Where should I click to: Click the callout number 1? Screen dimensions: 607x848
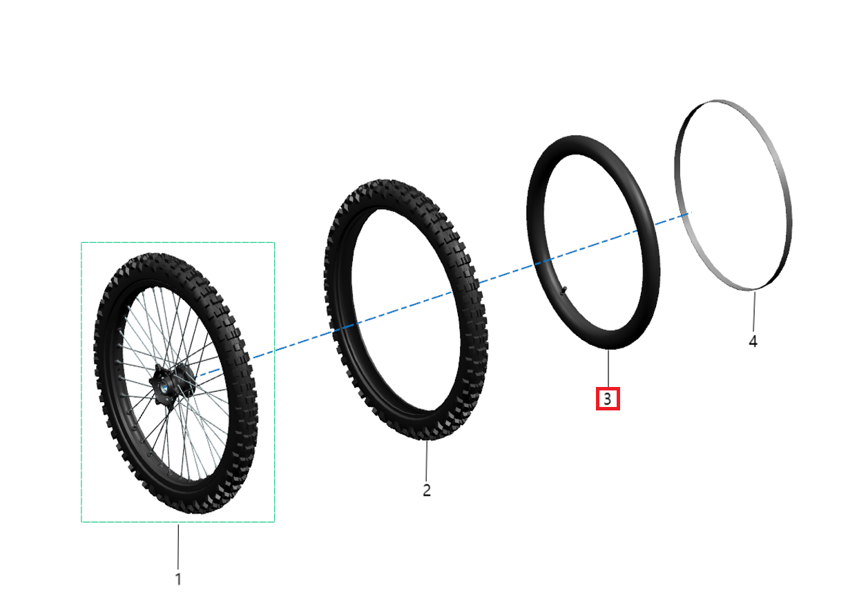pyautogui.click(x=178, y=579)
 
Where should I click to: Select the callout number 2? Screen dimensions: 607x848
pyautogui.click(x=427, y=490)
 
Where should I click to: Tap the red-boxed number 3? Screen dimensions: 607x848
pyautogui.click(x=608, y=399)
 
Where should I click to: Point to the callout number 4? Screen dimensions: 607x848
pyautogui.click(x=753, y=341)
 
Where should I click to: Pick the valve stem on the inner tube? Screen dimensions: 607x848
pyautogui.click(x=563, y=291)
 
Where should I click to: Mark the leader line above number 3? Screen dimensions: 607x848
pyautogui.click(x=608, y=369)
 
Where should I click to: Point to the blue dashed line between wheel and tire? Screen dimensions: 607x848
pyautogui.click(x=290, y=345)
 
